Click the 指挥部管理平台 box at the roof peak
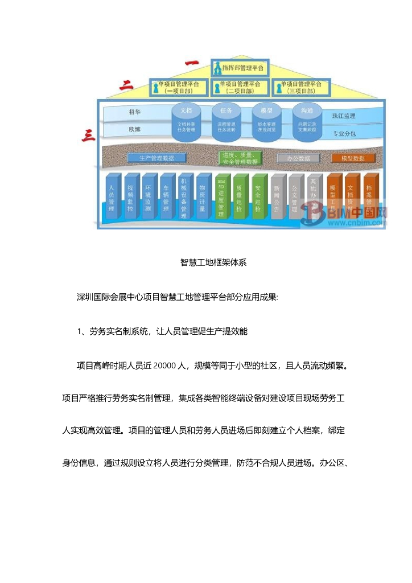pos(239,68)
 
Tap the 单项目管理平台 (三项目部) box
pos(302,87)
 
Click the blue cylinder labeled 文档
pos(186,121)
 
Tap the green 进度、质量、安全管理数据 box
pos(240,158)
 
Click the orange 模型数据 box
pos(353,158)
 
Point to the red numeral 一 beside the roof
pos(191,62)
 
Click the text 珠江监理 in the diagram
pos(344,116)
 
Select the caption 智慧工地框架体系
pos(213,263)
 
